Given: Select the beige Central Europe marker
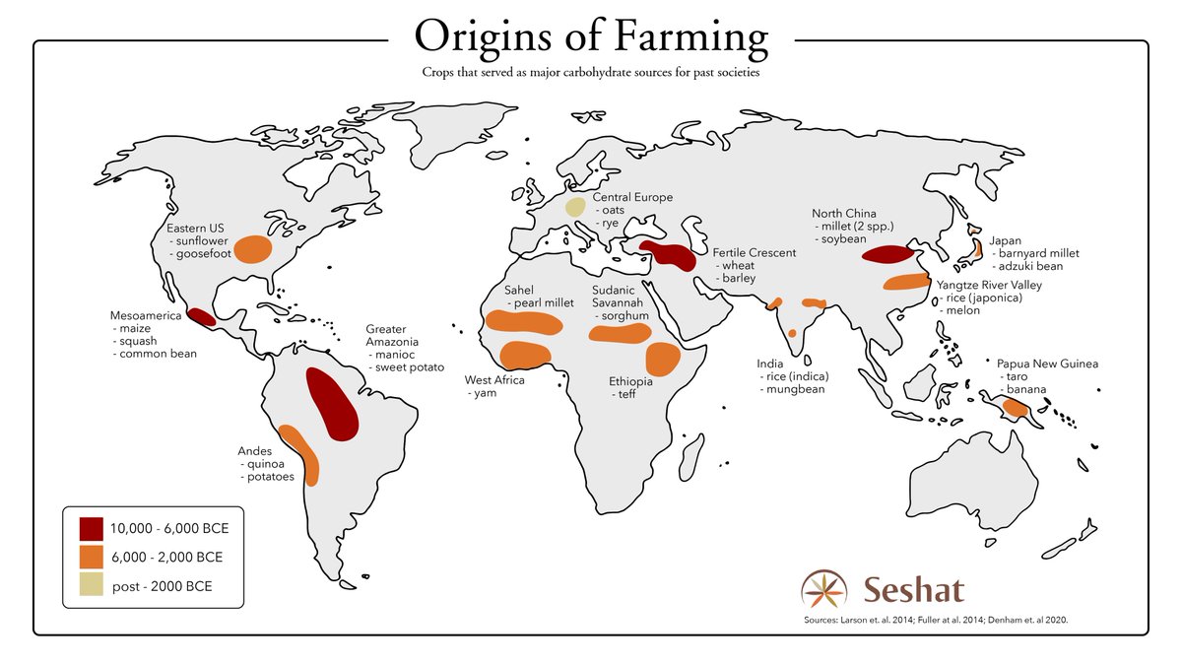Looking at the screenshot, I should tap(574, 208).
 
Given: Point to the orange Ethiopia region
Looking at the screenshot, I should tap(661, 361).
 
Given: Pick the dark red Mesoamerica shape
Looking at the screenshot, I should tap(202, 316).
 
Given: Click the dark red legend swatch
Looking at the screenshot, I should tap(93, 528).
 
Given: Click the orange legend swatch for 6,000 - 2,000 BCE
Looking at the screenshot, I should tap(93, 557).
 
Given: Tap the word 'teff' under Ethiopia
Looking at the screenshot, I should tap(627, 394).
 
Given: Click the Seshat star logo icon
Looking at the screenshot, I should tap(823, 590).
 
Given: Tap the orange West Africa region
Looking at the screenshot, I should tap(526, 355).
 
